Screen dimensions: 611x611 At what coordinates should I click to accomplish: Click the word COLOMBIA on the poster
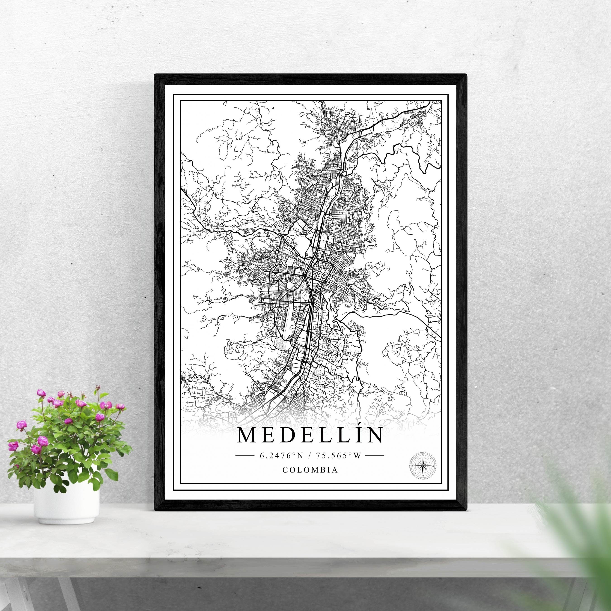pyautogui.click(x=310, y=470)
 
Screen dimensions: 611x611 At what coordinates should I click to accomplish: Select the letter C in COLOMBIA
pyautogui.click(x=285, y=470)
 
